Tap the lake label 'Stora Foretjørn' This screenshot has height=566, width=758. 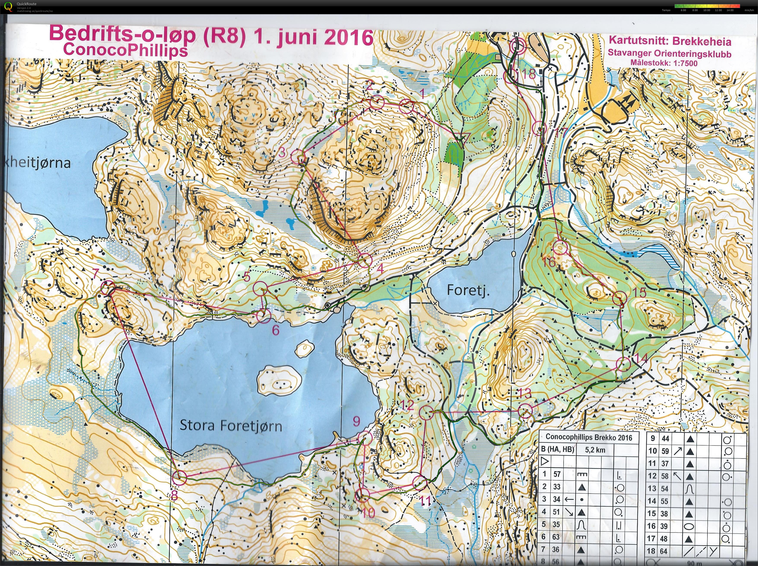(x=231, y=426)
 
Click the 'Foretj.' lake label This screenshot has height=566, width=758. (x=468, y=290)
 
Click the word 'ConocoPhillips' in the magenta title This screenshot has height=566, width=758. (x=125, y=50)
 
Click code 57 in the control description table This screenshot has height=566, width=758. (x=557, y=474)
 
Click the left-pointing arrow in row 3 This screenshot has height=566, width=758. (x=569, y=500)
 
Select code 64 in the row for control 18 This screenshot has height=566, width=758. (x=664, y=551)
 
